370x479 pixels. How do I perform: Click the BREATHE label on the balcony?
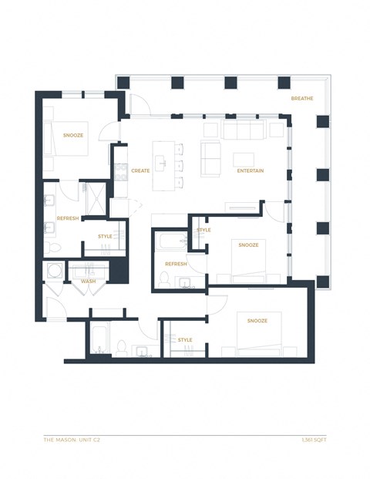301,99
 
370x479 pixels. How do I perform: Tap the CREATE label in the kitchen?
140,170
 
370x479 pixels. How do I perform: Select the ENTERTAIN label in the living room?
251,170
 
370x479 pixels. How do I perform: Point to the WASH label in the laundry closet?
88,281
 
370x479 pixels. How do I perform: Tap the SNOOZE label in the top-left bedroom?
73,136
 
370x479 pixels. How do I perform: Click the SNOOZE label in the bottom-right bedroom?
257,320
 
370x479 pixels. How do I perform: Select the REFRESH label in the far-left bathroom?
68,218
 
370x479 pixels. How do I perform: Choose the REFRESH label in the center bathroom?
176,264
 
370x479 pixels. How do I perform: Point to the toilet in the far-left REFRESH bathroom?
51,248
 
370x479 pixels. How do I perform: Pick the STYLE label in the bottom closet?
185,339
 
